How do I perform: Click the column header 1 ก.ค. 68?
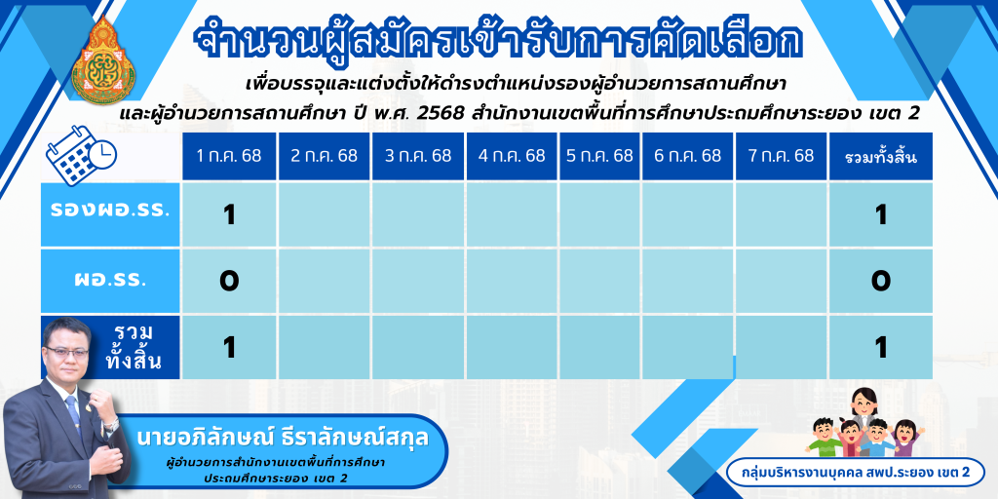click(x=229, y=157)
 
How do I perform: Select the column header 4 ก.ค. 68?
click(x=513, y=157)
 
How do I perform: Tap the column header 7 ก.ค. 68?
click(x=781, y=157)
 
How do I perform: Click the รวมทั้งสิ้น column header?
click(x=881, y=157)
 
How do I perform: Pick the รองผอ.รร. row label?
click(x=110, y=211)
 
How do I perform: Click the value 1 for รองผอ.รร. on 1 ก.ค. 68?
click(x=229, y=215)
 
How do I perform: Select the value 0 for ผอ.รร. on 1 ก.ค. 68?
click(x=229, y=281)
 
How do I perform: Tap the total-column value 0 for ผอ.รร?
click(x=881, y=281)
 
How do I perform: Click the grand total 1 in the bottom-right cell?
click(x=881, y=348)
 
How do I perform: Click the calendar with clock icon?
click(x=81, y=155)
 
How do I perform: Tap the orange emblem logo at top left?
click(x=103, y=60)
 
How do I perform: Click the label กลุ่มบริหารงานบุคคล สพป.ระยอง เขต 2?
click(x=856, y=473)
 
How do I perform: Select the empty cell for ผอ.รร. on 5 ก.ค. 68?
click(x=599, y=281)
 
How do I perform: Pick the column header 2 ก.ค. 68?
click(x=324, y=157)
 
